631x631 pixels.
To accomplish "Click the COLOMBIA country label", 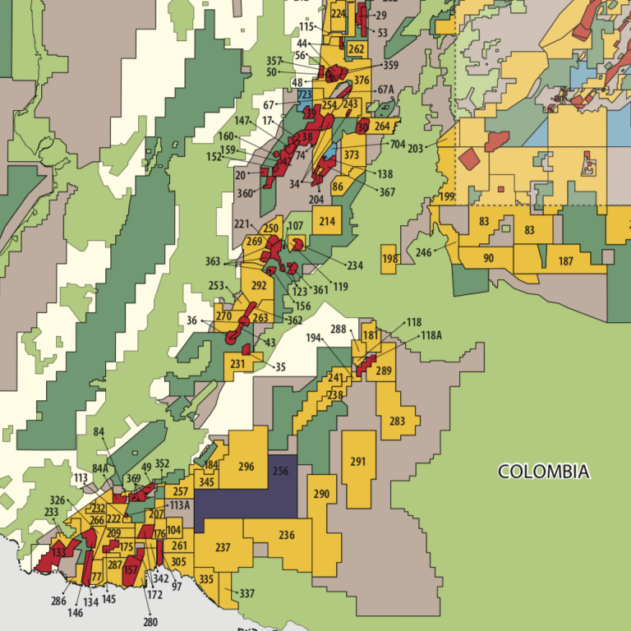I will pyautogui.click(x=544, y=472).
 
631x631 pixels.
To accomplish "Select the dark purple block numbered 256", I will pyautogui.click(x=280, y=472).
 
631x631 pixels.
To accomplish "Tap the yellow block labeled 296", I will pyautogui.click(x=246, y=467).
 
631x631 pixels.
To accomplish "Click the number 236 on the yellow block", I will pyautogui.click(x=287, y=536).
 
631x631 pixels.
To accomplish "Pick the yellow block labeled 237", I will pyautogui.click(x=223, y=547).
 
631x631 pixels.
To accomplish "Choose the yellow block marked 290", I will pyautogui.click(x=321, y=495).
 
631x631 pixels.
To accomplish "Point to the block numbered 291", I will pyautogui.click(x=357, y=462).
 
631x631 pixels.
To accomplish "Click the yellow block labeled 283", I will pyautogui.click(x=398, y=421).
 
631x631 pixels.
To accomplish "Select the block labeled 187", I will pyautogui.click(x=565, y=261).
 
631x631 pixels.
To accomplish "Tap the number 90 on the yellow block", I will pyautogui.click(x=489, y=259).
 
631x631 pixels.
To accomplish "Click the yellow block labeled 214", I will pyautogui.click(x=327, y=221).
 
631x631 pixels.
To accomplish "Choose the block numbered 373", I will pyautogui.click(x=352, y=155).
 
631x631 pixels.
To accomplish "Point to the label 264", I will pyautogui.click(x=382, y=127).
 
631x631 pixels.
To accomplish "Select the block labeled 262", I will pyautogui.click(x=357, y=49).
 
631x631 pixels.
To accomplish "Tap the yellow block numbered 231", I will pyautogui.click(x=237, y=364).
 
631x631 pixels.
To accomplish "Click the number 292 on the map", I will pyautogui.click(x=259, y=286).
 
